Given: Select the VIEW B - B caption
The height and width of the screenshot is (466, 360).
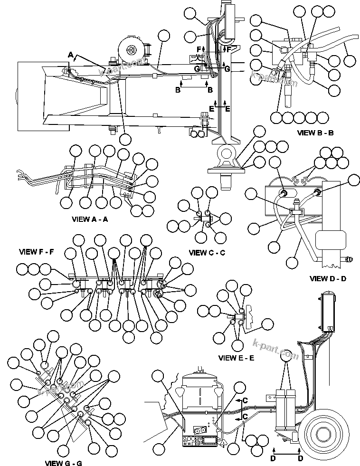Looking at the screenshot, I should pos(315,133).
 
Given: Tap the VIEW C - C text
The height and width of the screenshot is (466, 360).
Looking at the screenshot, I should pos(207,253).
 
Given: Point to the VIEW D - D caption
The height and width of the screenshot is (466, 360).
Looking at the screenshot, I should pos(328,278).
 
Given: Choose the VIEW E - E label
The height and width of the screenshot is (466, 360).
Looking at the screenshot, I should pos(236,358).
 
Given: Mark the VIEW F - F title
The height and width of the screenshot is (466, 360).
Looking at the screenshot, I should pos(37,251).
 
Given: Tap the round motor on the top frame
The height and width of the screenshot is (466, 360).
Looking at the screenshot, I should pos(131,50).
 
